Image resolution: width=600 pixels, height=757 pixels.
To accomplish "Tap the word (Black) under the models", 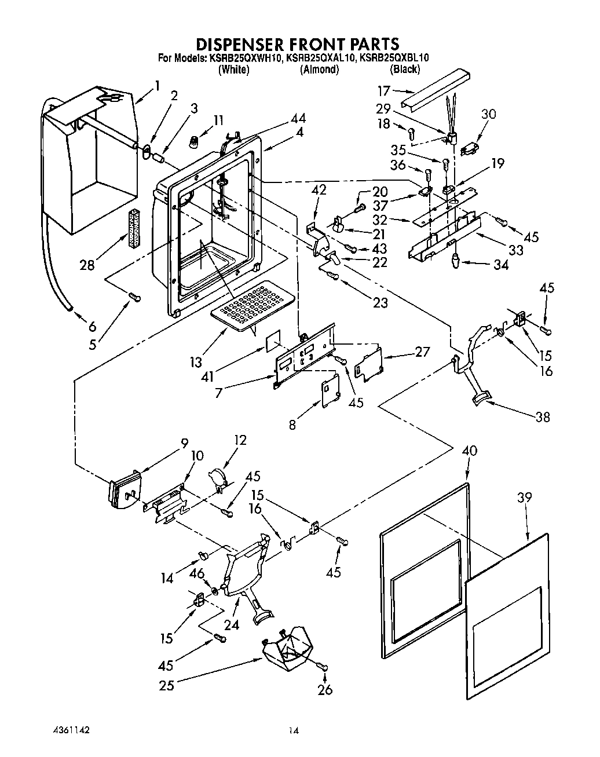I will [405, 70].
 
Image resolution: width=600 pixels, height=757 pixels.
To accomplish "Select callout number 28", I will [87, 265].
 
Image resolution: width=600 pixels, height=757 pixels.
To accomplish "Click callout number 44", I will [299, 119].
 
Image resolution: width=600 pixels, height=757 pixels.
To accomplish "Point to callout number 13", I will [196, 361].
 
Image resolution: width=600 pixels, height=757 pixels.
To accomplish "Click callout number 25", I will [167, 685].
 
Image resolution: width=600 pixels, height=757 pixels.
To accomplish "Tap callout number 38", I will [542, 416].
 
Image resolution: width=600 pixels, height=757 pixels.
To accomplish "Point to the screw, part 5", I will [134, 297].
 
